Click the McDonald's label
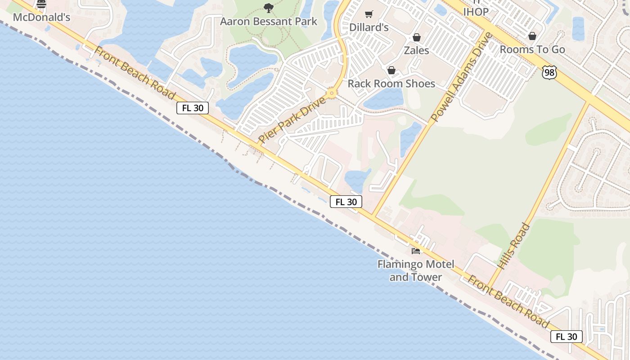pyautogui.click(x=42, y=18)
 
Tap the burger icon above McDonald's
pyautogui.click(x=41, y=4)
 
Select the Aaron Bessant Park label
pyautogui.click(x=269, y=21)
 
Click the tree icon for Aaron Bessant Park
pyautogui.click(x=269, y=8)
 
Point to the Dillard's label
pyautogui.click(x=369, y=27)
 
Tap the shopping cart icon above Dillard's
pyautogui.click(x=369, y=14)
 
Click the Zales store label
pyautogui.click(x=416, y=50)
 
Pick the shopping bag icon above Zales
pyautogui.click(x=417, y=37)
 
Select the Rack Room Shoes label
pyautogui.click(x=391, y=84)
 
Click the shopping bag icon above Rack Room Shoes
pyautogui.click(x=391, y=70)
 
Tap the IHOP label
pyautogui.click(x=476, y=12)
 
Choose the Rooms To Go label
pyautogui.click(x=532, y=49)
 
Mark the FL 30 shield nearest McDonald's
pyautogui.click(x=193, y=108)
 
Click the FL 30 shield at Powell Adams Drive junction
pyautogui.click(x=346, y=202)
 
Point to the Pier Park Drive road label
pyautogui.click(x=292, y=119)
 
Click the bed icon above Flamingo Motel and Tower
pyautogui.click(x=416, y=251)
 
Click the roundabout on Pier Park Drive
pyautogui.click(x=332, y=94)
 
